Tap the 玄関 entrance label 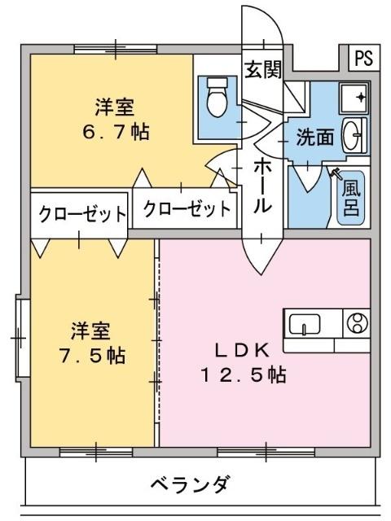262,68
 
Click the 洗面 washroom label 314,138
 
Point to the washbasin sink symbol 353,135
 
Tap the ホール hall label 262,186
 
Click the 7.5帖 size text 91,356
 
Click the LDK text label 241,350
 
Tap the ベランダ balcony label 189,484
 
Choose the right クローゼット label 187,209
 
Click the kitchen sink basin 304,325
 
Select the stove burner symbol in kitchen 356,324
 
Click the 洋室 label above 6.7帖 114,107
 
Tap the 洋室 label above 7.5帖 90,331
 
